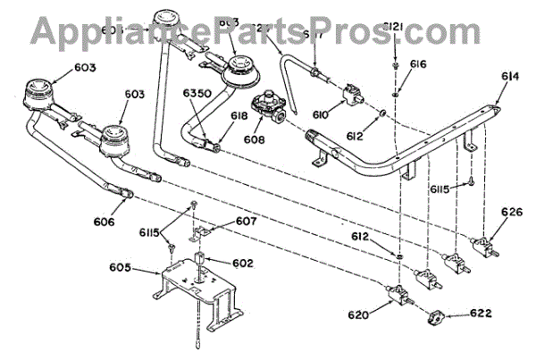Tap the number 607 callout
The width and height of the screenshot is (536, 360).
pyautogui.click(x=222, y=222)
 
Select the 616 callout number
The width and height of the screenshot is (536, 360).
pyautogui.click(x=418, y=65)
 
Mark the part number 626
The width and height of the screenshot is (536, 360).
pyautogui.click(x=511, y=213)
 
